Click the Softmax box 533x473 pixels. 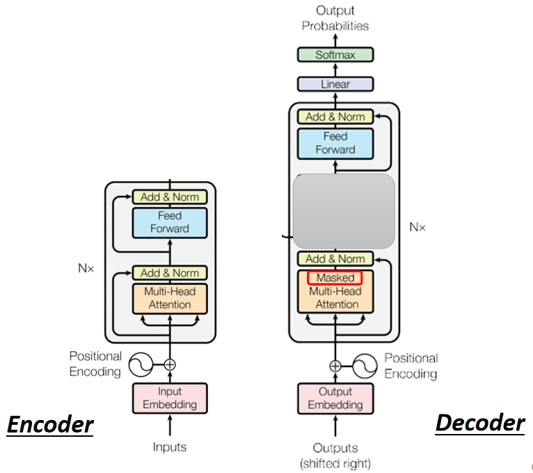coord(335,54)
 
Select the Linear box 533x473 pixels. coord(335,84)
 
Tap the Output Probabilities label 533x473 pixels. coord(335,18)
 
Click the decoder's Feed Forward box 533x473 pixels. coord(335,143)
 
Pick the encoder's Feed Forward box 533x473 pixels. coord(170,223)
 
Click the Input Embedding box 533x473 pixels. coord(170,398)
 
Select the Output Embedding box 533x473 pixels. coord(335,398)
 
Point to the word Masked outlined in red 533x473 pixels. coord(335,278)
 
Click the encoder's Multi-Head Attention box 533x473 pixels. coord(170,298)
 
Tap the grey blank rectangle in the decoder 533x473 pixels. coord(344,211)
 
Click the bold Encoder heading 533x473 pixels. coord(50,424)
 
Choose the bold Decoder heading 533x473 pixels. coord(480,422)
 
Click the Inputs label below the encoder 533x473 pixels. coord(170,447)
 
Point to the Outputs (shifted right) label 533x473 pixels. coord(335,455)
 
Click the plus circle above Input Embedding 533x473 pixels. coord(170,364)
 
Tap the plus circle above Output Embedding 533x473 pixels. coord(335,365)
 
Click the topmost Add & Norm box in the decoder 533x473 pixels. coord(335,117)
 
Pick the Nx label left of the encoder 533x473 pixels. coord(86,267)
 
